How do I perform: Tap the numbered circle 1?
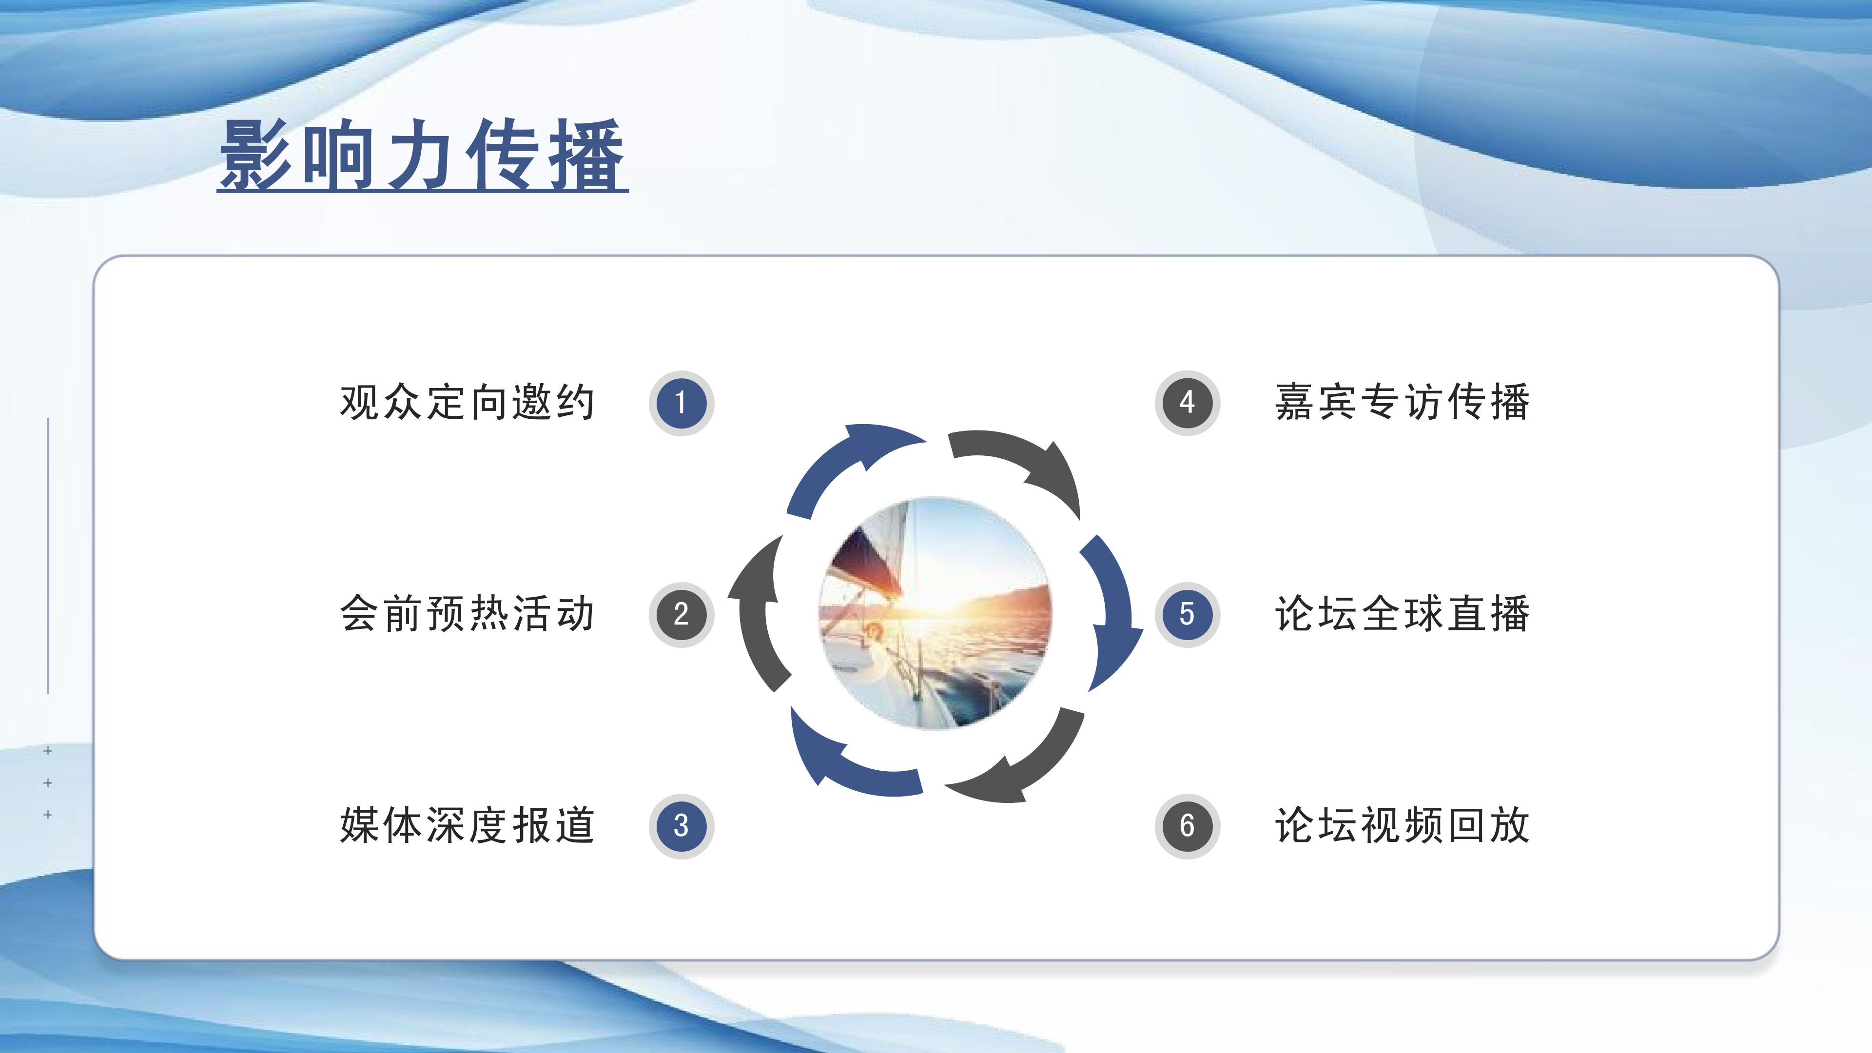[x=681, y=403]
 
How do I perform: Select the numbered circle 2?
[x=681, y=614]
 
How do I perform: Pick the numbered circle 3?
[x=681, y=825]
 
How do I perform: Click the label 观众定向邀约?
[x=468, y=402]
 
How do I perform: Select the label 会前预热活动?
[x=468, y=613]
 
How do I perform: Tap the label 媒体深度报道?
[x=468, y=825]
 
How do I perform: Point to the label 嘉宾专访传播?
[x=1402, y=402]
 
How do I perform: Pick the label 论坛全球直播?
[x=1402, y=613]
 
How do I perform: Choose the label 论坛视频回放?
[x=1402, y=825]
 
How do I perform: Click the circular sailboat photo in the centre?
[x=936, y=613]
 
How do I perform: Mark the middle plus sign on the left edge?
[x=48, y=782]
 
